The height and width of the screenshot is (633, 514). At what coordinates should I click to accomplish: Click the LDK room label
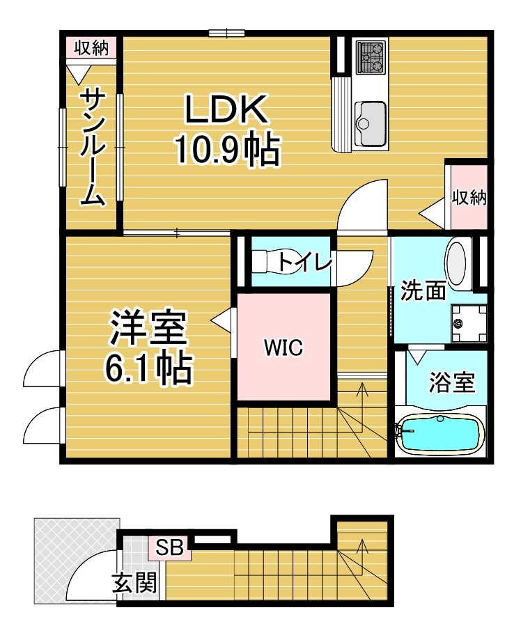click(226, 109)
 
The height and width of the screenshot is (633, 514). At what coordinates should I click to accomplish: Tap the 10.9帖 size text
click(227, 148)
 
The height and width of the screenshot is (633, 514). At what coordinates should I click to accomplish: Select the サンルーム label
click(93, 148)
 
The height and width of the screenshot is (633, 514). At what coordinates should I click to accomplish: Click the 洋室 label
click(148, 328)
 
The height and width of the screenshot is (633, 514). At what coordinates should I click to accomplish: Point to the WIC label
click(283, 347)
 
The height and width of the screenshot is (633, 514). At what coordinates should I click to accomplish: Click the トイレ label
click(305, 261)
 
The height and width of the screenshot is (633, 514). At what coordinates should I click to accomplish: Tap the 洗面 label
click(423, 290)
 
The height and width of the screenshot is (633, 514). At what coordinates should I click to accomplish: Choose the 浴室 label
click(452, 382)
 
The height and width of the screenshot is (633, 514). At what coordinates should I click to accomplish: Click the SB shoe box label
click(169, 547)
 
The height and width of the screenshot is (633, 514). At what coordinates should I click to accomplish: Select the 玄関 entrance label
click(134, 583)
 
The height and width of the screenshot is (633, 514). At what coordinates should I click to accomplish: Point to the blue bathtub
click(440, 435)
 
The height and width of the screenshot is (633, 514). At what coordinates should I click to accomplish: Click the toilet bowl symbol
click(271, 262)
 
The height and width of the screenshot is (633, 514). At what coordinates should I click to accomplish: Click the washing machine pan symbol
click(468, 323)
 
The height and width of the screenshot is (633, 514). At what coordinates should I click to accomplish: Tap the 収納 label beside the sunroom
click(91, 48)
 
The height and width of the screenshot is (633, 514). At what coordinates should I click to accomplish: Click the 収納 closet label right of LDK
click(469, 198)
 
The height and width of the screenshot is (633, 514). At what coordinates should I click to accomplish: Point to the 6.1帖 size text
click(148, 368)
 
